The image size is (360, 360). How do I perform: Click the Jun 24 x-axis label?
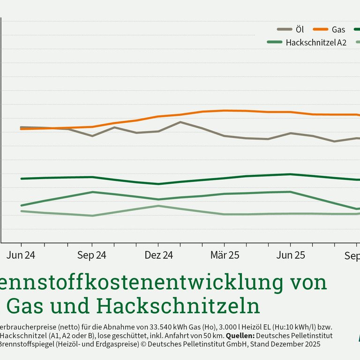click(21, 256)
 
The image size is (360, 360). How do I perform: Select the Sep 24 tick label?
click(92, 256)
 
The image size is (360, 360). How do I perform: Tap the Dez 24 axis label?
click(158, 256)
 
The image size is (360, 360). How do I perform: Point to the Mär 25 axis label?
click(225, 256)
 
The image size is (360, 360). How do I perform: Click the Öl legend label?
click(300, 30)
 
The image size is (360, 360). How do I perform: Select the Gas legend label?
click(338, 30)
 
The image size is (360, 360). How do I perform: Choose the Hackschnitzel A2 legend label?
click(316, 42)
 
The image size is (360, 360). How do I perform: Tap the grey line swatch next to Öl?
click(285, 30)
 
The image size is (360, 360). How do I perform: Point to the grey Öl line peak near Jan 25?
click(180, 122)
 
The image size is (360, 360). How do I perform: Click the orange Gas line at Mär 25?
click(225, 111)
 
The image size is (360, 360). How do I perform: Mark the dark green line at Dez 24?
click(158, 184)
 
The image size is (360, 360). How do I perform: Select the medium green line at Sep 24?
click(92, 192)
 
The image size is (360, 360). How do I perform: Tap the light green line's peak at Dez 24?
click(158, 206)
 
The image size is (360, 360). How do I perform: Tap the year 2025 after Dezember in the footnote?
click(311, 344)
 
